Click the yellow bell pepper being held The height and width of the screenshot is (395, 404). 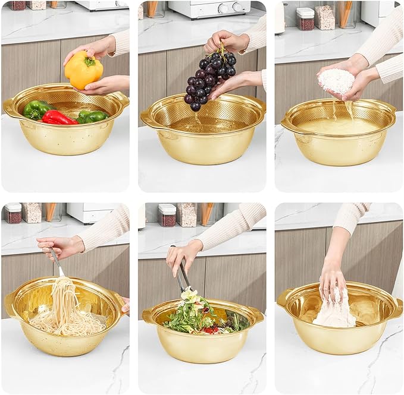tap(83, 70)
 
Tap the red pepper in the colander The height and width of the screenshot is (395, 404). tap(58, 118)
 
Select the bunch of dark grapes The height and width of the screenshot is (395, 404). tap(208, 78)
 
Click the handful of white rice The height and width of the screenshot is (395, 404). tap(336, 81)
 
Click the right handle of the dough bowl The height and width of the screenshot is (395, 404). tap(394, 308)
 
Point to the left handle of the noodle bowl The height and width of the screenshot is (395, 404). tap(11, 304)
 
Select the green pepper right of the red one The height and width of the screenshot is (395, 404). tap(92, 116)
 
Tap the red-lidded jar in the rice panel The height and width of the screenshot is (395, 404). tap(305, 19)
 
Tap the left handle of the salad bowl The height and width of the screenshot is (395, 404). tap(148, 315)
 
